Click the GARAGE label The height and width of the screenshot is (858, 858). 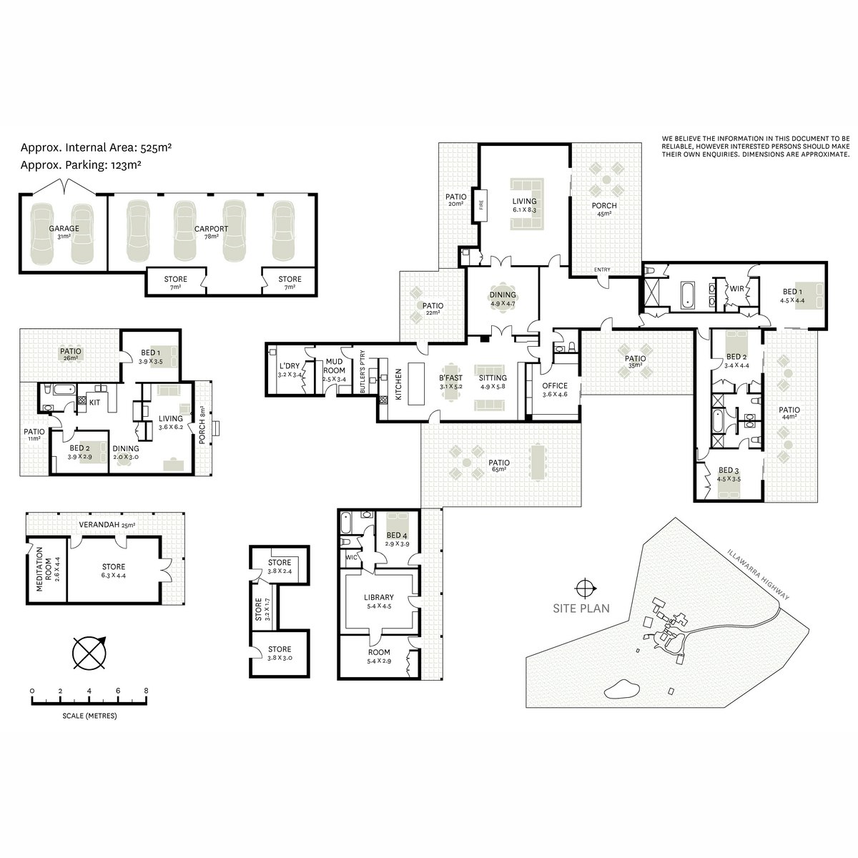point(64,228)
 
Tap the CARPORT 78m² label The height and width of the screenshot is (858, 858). point(211,232)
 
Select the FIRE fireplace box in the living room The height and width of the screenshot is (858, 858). point(481,205)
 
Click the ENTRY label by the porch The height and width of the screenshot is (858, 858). point(602,270)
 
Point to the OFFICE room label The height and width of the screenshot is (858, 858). point(555,385)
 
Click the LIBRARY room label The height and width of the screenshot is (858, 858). point(378,598)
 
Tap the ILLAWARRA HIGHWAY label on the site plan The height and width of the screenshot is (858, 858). point(757,573)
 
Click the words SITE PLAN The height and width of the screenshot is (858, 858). point(581,608)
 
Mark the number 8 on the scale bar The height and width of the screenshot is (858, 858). point(146,691)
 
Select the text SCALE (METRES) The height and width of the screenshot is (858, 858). point(89,716)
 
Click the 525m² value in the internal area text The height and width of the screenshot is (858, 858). point(157,147)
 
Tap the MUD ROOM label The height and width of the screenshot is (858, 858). point(334,366)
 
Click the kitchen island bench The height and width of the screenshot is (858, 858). point(417,383)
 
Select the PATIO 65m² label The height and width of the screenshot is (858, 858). point(498,465)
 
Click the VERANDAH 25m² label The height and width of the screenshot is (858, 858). point(107,525)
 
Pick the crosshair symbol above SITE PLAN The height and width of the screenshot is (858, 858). point(583,588)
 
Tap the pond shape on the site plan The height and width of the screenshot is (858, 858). point(620,689)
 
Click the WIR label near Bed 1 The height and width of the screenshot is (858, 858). point(736,289)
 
